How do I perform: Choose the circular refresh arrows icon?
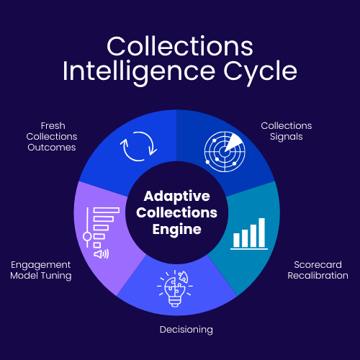[x=137, y=148]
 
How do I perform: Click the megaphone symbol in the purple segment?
[x=101, y=253]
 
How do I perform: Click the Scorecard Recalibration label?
[x=317, y=269]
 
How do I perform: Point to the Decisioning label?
[x=186, y=330]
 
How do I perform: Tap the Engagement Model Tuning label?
[x=40, y=270]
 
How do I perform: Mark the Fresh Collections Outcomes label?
[x=51, y=137]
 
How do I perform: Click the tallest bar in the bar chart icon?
[x=261, y=231]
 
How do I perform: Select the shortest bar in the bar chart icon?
[x=235, y=239]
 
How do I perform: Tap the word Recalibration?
[x=317, y=275]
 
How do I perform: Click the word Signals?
[x=286, y=137]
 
